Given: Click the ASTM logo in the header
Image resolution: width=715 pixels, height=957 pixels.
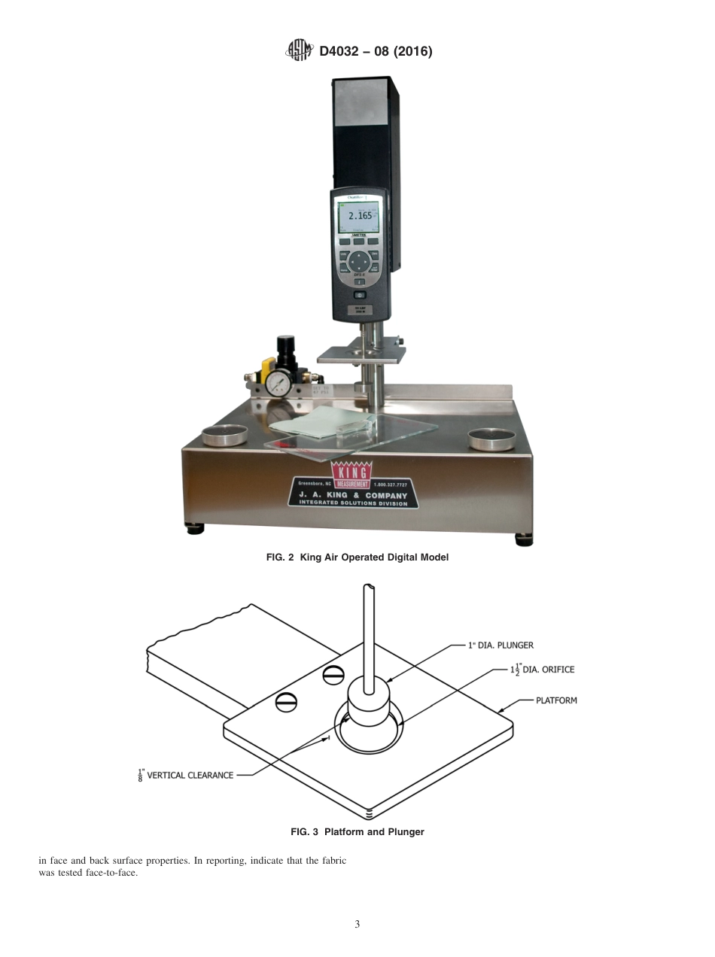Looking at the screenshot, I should point(299,50).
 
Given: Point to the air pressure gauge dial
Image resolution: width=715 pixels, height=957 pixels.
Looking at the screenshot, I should point(278,383).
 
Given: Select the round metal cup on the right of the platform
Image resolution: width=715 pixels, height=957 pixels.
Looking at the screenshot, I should point(492,437).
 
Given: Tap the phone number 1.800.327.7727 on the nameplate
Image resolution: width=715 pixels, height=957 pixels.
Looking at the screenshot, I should point(390,485).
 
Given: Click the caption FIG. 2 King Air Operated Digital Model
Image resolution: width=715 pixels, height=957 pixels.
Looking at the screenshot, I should point(357,557).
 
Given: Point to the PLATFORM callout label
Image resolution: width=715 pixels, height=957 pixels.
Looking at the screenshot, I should point(556,700).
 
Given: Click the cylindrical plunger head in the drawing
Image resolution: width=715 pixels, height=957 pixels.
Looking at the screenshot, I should point(368,703).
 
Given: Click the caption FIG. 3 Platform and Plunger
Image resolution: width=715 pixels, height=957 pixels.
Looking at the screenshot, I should point(357,831).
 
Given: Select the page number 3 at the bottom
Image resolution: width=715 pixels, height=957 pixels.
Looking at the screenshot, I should point(357,925).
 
